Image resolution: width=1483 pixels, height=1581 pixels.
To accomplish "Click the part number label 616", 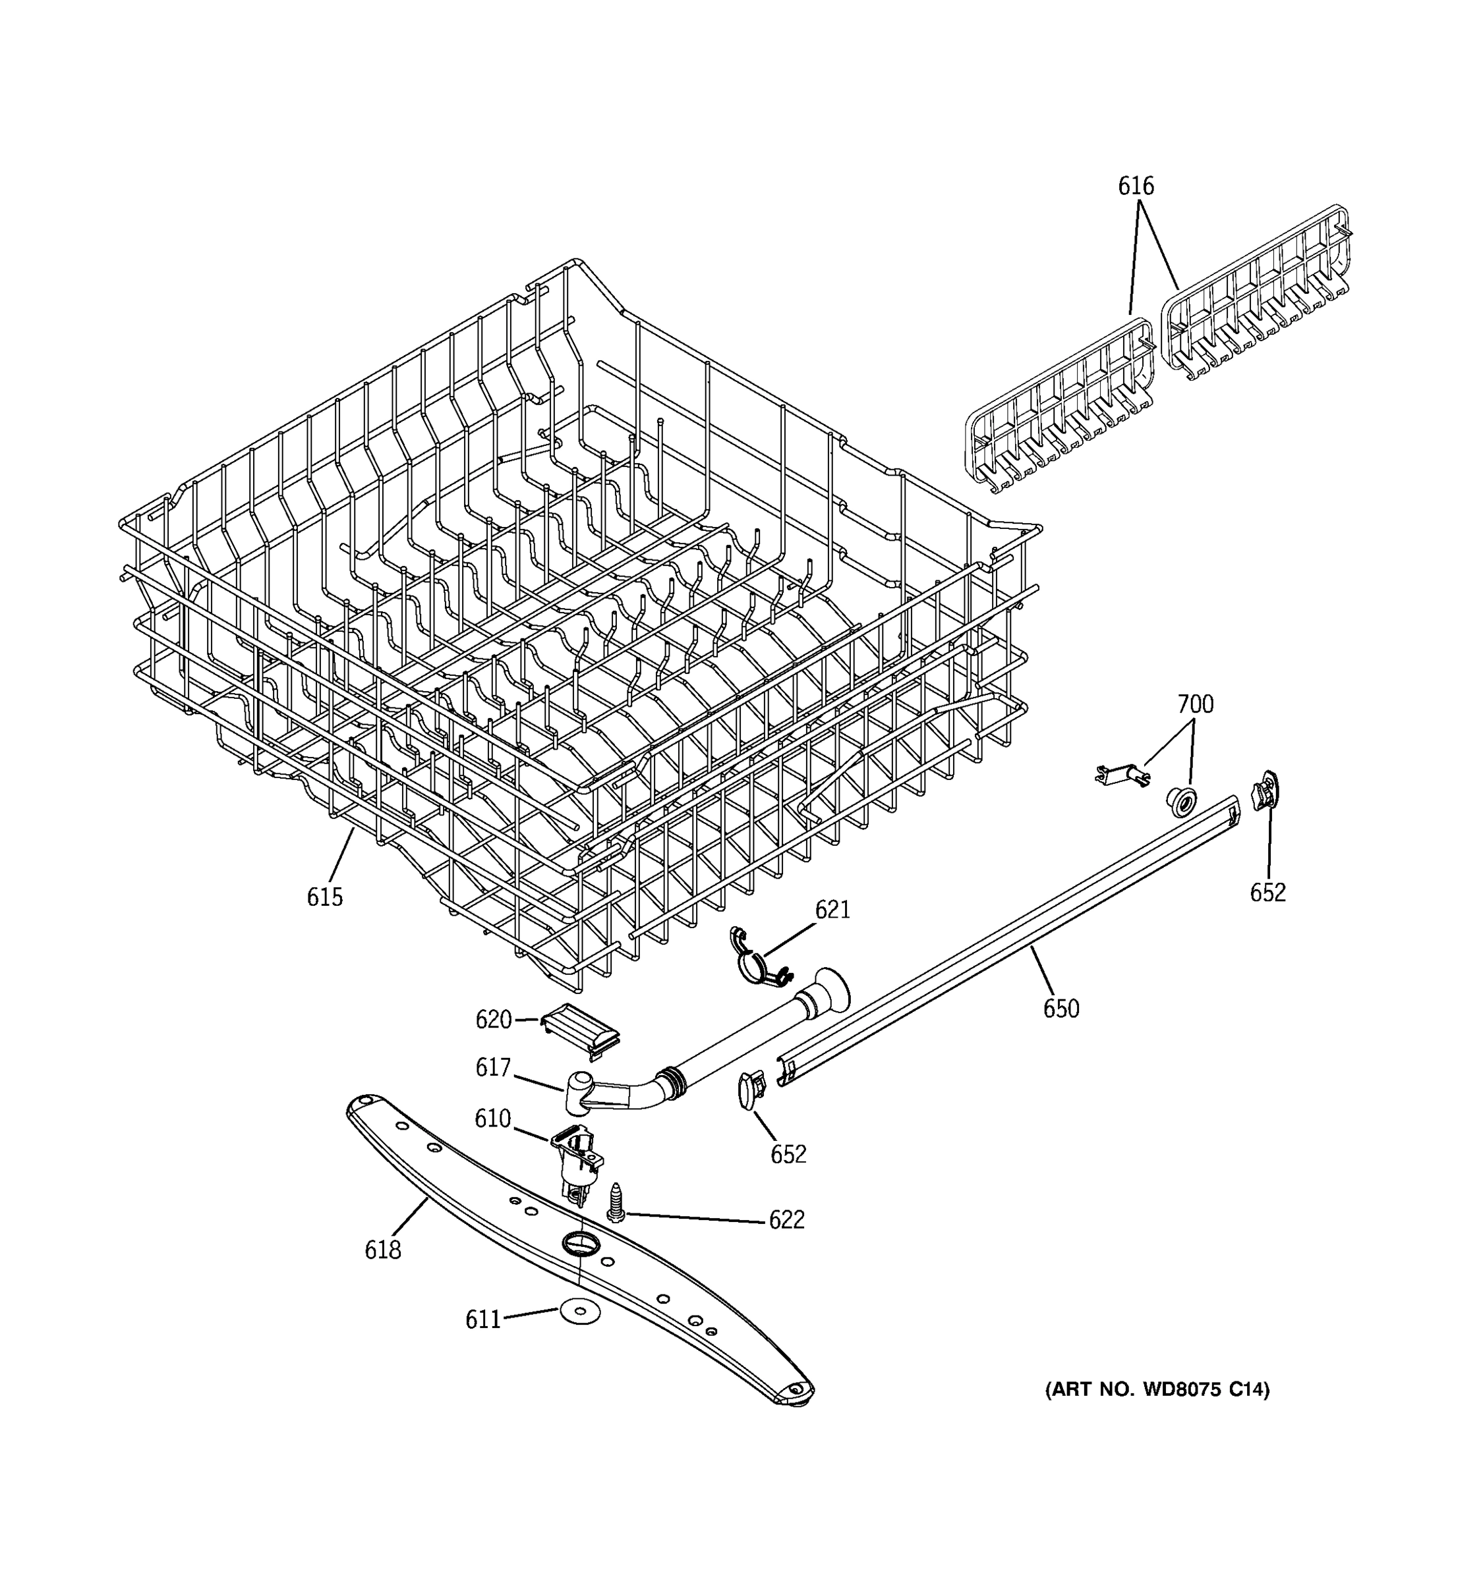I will click(x=1136, y=186).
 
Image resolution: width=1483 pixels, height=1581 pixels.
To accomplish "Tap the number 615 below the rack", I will click(x=324, y=897).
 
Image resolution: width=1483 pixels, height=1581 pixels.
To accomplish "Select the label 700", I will click(x=1195, y=705).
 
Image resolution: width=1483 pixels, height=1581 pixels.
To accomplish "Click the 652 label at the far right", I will click(x=1267, y=893).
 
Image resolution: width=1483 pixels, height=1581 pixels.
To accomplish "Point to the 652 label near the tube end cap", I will click(x=788, y=1154).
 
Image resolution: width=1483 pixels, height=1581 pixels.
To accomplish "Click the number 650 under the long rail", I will click(x=1061, y=1009).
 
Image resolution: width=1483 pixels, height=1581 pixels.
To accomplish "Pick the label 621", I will click(x=832, y=910).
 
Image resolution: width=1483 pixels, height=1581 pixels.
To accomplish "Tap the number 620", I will click(x=493, y=1020).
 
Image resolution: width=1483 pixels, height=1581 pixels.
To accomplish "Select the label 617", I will click(x=492, y=1067).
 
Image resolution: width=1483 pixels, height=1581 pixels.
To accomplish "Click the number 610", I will click(x=492, y=1119).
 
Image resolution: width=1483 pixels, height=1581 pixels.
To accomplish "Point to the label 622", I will click(x=786, y=1219).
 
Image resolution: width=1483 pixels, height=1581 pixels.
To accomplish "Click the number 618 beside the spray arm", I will click(x=383, y=1250).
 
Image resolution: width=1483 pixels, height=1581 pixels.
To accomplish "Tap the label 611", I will click(x=483, y=1320).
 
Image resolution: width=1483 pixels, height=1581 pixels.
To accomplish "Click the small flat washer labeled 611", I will click(x=579, y=1313).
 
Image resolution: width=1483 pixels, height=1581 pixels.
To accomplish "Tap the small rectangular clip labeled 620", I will click(x=580, y=1028).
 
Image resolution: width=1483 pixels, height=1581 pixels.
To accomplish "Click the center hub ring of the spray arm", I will click(x=579, y=1243).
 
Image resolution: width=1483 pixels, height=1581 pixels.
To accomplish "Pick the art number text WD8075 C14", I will click(x=1157, y=1389).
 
